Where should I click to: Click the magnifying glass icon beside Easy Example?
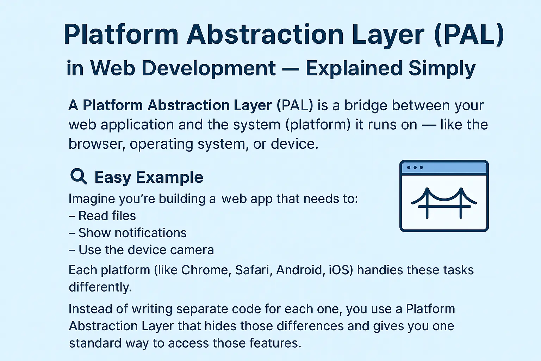pos(78,176)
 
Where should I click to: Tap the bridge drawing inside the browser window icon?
pos(444,203)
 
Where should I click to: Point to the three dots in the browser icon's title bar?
pos(415,167)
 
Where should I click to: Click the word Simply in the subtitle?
pos(442,68)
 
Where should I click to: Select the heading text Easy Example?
pos(149,177)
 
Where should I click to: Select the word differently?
pos(100,287)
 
